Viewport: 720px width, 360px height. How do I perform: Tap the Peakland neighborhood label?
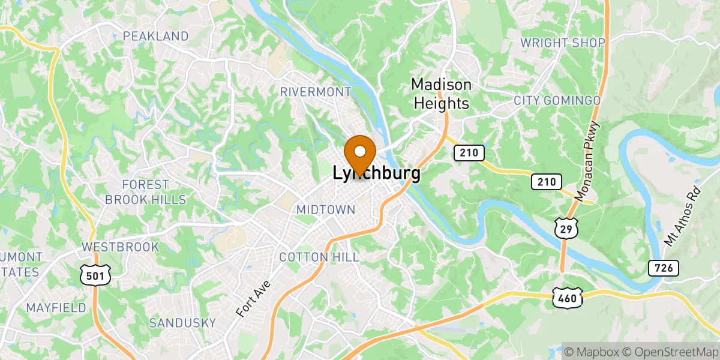[155, 37]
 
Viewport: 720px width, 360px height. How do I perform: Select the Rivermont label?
[316, 92]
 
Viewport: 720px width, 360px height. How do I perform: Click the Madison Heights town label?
[441, 94]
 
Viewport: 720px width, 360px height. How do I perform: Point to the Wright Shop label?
[563, 43]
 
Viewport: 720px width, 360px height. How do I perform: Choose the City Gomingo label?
[557, 100]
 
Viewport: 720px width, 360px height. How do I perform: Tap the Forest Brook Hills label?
[146, 192]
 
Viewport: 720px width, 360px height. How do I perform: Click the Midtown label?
[326, 209]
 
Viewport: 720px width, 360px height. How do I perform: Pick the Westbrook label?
[121, 247]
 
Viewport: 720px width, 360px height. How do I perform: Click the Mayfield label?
[56, 308]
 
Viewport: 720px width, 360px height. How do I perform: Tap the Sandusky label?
[182, 323]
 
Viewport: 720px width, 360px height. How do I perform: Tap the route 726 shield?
[663, 268]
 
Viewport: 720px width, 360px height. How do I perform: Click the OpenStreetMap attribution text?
[671, 350]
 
